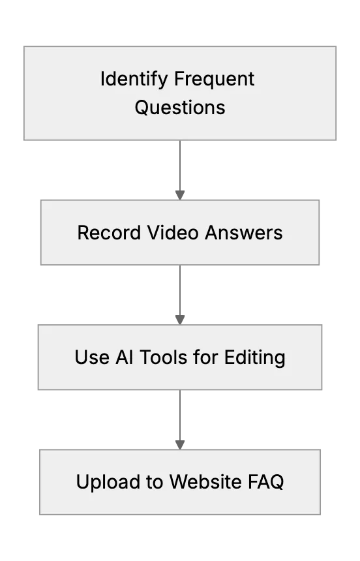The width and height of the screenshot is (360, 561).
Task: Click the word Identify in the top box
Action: (x=134, y=80)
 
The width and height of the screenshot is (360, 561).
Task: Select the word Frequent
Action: (x=215, y=80)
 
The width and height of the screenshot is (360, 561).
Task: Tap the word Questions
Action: (x=180, y=108)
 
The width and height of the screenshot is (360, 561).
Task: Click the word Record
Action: (x=109, y=233)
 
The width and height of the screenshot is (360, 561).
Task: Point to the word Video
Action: (x=173, y=233)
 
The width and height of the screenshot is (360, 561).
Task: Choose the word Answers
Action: (x=244, y=233)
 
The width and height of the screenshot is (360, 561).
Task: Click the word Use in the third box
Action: (x=91, y=357)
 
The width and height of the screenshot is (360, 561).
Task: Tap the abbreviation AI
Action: (x=124, y=357)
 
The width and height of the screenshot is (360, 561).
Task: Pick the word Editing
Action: (x=255, y=357)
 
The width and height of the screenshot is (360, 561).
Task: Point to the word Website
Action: (x=206, y=481)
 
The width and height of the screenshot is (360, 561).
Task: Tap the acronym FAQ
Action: (x=266, y=482)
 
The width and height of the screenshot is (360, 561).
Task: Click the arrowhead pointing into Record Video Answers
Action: (x=180, y=195)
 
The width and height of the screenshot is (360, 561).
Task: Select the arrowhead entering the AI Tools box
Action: (x=180, y=320)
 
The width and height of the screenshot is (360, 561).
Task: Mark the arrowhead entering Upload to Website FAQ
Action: (x=180, y=445)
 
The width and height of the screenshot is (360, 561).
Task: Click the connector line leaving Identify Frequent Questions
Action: (x=180, y=166)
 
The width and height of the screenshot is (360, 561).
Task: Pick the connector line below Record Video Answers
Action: (x=180, y=290)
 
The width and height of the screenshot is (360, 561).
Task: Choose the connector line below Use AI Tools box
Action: (x=180, y=415)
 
